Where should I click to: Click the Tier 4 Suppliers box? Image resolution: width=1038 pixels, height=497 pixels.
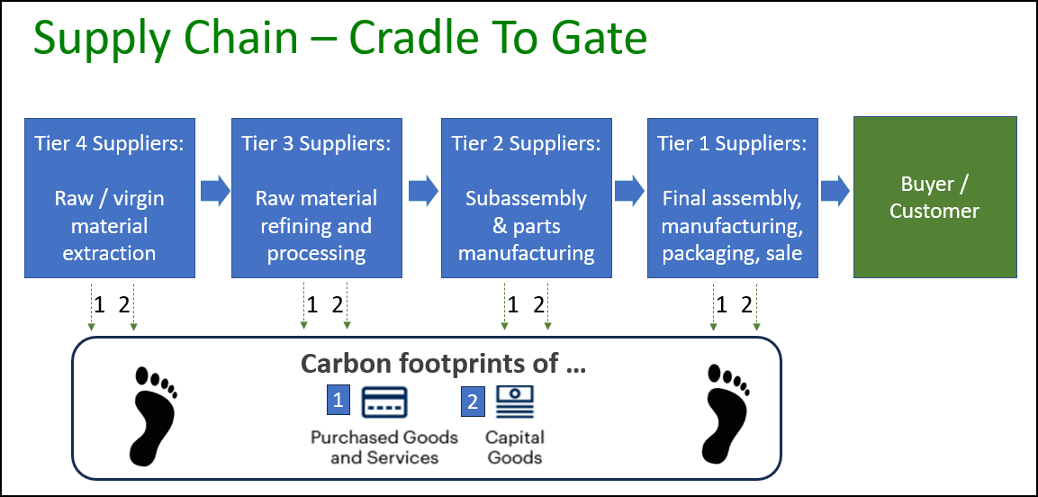[109, 196]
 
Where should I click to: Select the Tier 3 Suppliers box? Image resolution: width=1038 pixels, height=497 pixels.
[316, 196]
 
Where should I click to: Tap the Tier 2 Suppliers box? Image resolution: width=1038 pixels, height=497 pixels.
[526, 196]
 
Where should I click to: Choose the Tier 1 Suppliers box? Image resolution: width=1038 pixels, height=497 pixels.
[732, 196]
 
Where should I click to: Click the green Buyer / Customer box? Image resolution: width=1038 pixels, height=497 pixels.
[934, 196]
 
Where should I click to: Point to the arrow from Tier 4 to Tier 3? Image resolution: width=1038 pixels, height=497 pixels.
[215, 191]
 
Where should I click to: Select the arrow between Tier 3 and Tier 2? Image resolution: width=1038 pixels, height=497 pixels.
[423, 191]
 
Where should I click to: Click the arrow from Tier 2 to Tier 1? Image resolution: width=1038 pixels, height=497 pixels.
[629, 191]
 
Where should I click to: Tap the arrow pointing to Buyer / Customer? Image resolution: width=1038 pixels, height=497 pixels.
[835, 191]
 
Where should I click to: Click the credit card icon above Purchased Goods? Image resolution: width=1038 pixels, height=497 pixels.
[384, 402]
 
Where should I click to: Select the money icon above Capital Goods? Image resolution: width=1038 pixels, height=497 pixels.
[515, 402]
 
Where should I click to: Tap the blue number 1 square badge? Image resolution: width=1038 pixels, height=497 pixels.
[338, 401]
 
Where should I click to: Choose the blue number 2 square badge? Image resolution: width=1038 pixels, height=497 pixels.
[474, 401]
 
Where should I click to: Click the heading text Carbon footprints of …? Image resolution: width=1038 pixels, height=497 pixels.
[443, 363]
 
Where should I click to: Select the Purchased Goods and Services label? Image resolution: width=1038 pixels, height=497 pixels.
[384, 447]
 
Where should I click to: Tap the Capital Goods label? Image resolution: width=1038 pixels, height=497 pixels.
[515, 447]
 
